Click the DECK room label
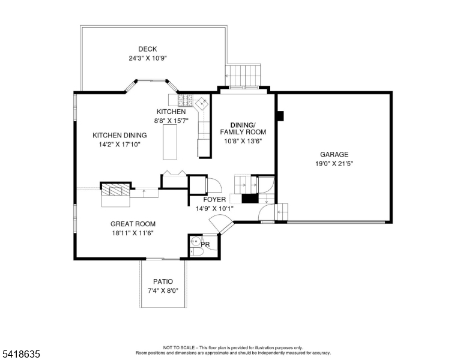click(x=147, y=49)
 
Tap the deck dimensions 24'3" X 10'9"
click(x=147, y=58)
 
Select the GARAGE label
click(x=334, y=154)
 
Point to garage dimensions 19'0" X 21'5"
click(x=334, y=164)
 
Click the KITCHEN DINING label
click(x=120, y=136)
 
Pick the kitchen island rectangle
click(x=170, y=142)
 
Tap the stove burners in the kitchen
click(x=185, y=100)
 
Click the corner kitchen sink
click(x=202, y=103)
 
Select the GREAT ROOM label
click(x=133, y=224)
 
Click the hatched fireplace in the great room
click(x=116, y=190)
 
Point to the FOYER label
click(x=214, y=200)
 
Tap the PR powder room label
click(x=205, y=244)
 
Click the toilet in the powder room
click(x=197, y=252)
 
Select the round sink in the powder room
click(x=196, y=241)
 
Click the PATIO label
click(x=163, y=281)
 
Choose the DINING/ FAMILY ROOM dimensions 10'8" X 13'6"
click(x=243, y=141)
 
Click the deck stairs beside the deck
click(x=243, y=76)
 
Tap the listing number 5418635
click(x=21, y=354)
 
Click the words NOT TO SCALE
click(x=178, y=347)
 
